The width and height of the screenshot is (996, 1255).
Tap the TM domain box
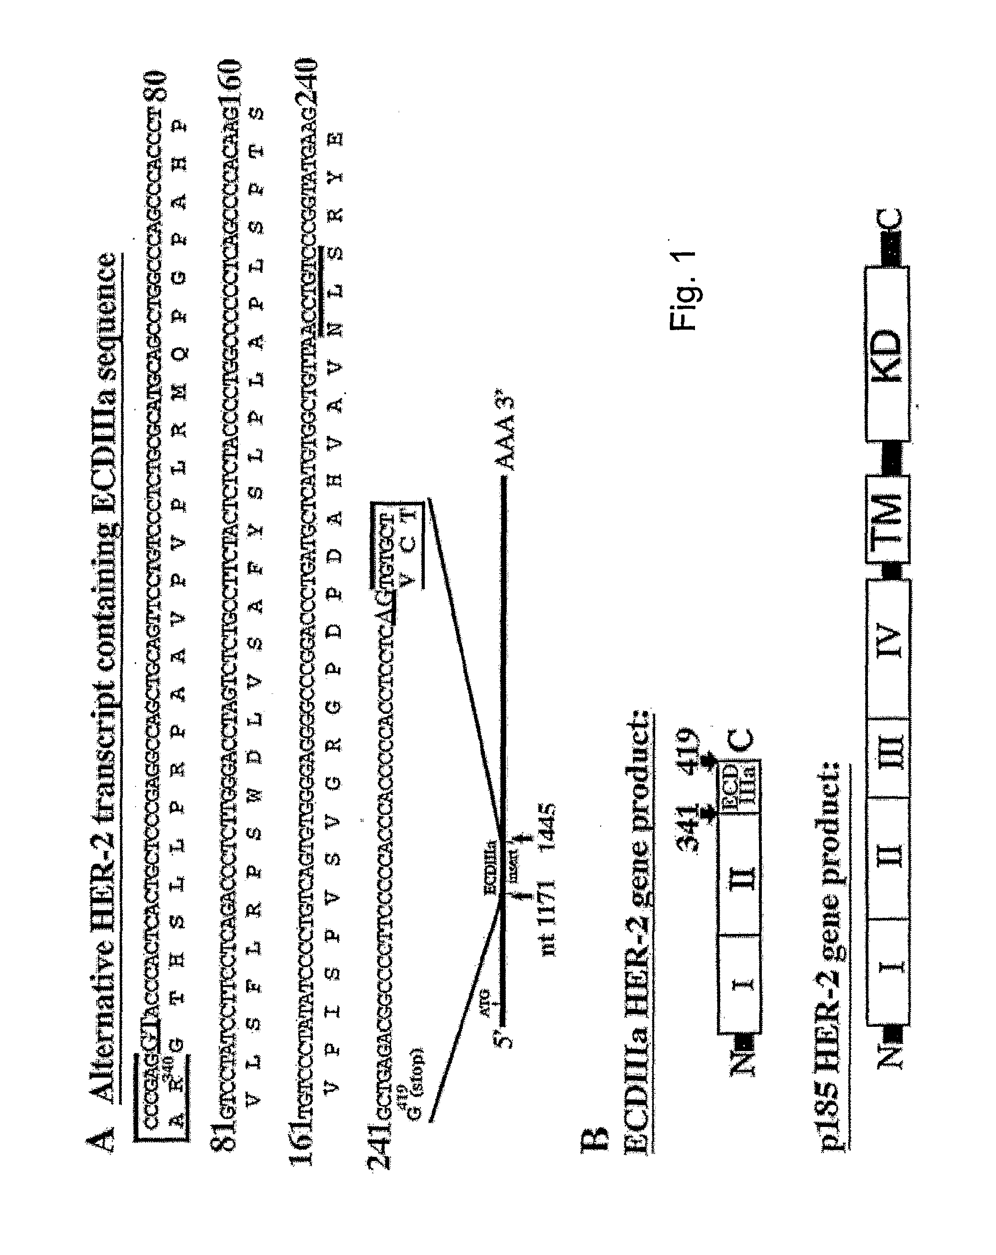886,520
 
